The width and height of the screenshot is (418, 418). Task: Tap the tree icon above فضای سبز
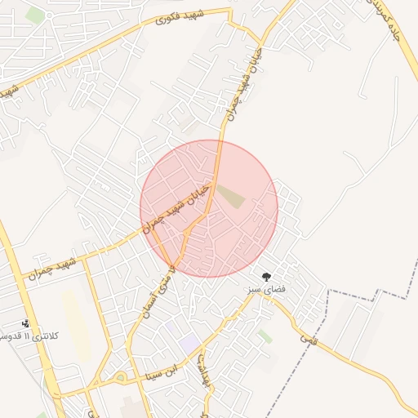click(265, 277)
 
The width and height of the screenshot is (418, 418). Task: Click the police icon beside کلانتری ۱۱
click(25, 323)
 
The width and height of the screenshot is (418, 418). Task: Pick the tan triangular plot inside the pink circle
click(232, 196)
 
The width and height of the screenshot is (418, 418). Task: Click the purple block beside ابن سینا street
click(189, 344)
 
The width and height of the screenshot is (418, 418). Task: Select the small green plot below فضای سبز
click(265, 336)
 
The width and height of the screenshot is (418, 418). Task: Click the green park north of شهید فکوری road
click(34, 15)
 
